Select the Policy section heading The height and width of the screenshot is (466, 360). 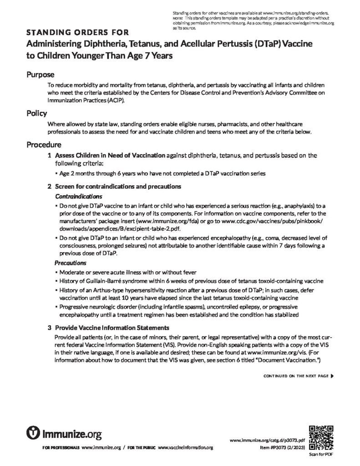point(36,113)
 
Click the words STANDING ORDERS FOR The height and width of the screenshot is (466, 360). point(77,32)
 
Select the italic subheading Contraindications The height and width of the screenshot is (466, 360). point(78,196)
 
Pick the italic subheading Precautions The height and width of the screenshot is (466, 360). point(71,263)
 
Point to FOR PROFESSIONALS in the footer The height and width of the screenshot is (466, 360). point(61,448)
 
